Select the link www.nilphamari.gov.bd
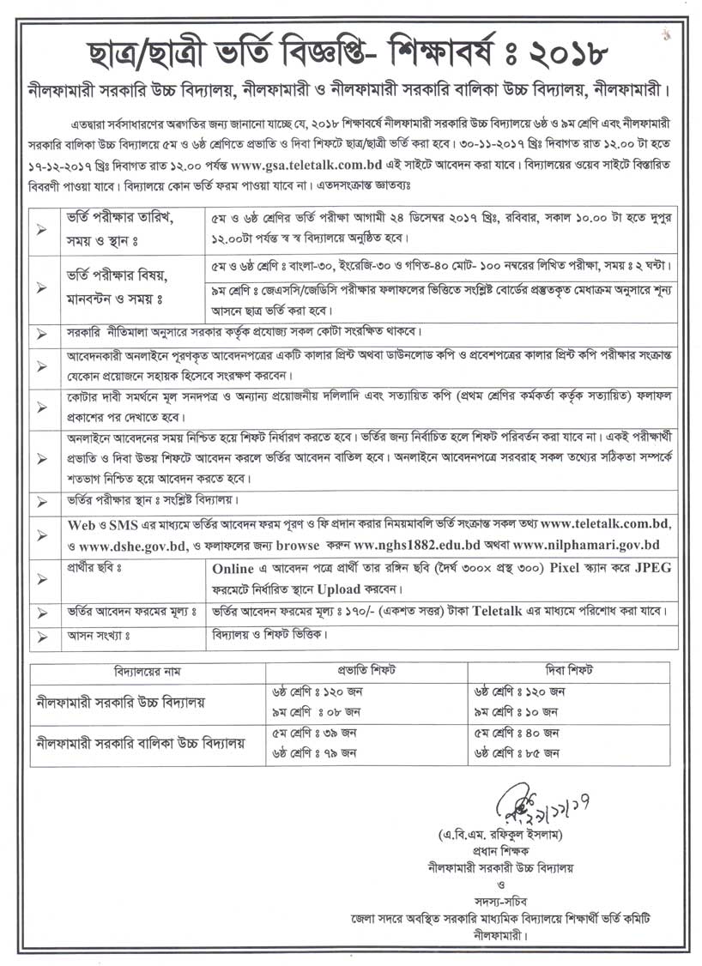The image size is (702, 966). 587,544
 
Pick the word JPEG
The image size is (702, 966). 657,568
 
